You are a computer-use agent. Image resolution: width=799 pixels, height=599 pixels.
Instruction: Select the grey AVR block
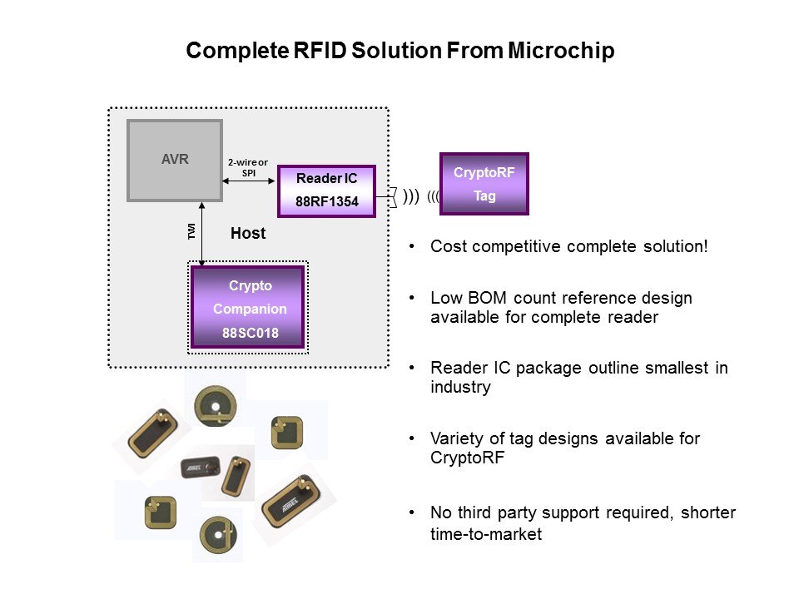tap(175, 161)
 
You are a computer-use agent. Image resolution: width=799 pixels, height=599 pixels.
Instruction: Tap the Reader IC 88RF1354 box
tap(326, 191)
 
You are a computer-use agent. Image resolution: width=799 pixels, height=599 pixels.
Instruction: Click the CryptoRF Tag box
tap(484, 185)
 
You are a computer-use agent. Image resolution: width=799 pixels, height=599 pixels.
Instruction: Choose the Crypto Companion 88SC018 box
tap(248, 308)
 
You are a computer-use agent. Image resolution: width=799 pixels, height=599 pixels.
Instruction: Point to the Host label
tap(248, 234)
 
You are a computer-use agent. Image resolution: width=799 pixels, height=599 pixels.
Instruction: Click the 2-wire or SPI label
tap(248, 167)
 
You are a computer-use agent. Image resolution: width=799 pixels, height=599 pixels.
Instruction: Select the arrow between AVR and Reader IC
tap(249, 181)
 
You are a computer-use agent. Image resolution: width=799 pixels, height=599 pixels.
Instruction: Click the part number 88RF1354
tap(326, 201)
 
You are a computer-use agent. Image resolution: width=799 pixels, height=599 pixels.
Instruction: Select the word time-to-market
tap(486, 534)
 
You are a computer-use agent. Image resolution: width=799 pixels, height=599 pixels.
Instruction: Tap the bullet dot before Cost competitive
tap(412, 248)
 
